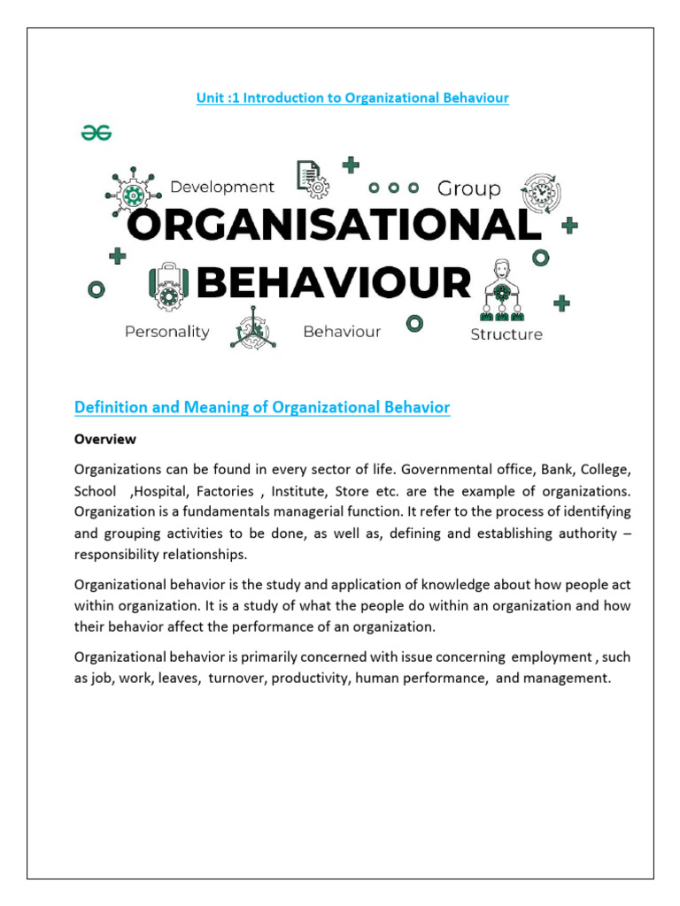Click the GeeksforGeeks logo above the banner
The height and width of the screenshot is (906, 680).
tap(97, 132)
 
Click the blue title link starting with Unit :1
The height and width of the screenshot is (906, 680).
tap(352, 97)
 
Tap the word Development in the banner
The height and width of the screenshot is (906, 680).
tap(222, 187)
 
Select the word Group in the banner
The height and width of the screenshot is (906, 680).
tap(469, 188)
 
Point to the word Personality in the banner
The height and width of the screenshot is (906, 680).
tap(167, 332)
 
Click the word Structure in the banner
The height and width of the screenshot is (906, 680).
tap(506, 334)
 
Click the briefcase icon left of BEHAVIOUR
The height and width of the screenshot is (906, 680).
tap(166, 284)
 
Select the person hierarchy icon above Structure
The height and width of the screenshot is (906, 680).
tap(502, 289)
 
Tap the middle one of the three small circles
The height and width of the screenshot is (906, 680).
tap(394, 188)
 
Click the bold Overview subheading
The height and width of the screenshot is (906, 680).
tap(105, 439)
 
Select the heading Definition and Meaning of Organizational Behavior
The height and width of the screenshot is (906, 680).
tap(262, 407)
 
